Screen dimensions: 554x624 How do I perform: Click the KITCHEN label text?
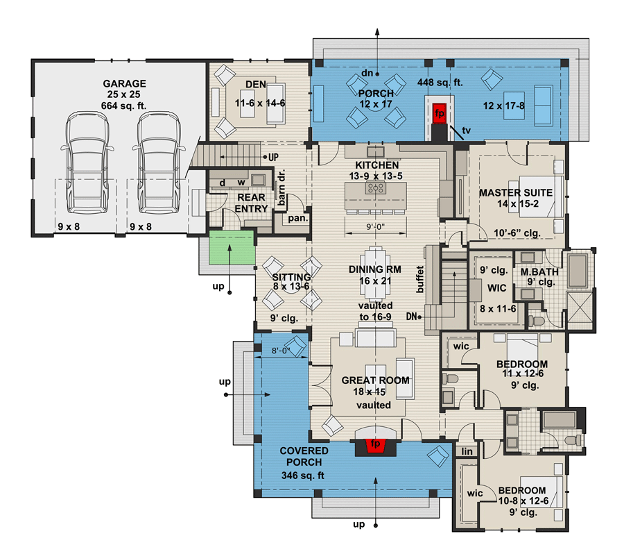pyautogui.click(x=376, y=165)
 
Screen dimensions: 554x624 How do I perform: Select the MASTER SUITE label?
pyautogui.click(x=515, y=192)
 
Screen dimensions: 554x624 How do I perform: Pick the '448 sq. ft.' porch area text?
pyautogui.click(x=440, y=82)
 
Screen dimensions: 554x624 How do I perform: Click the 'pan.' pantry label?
pyautogui.click(x=300, y=217)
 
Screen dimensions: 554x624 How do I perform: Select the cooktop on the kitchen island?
pyautogui.click(x=377, y=188)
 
